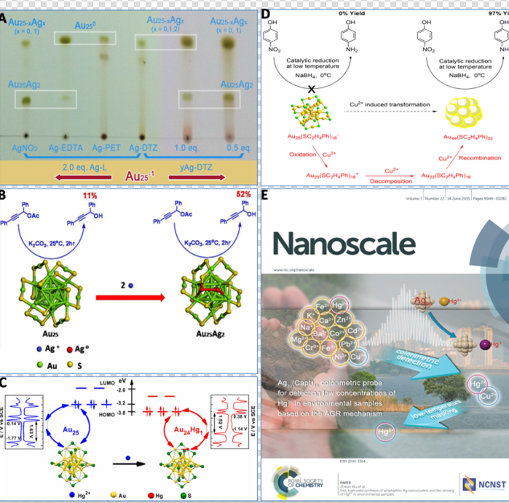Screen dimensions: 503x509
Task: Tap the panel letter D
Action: click(x=266, y=13)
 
